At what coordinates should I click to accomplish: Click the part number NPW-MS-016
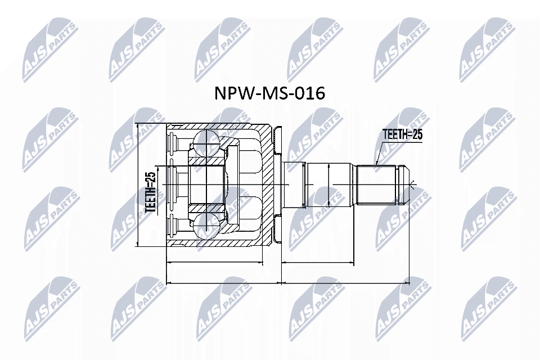(269, 93)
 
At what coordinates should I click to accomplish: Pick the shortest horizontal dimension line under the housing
(215, 262)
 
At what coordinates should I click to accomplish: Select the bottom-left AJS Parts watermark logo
(49, 307)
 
